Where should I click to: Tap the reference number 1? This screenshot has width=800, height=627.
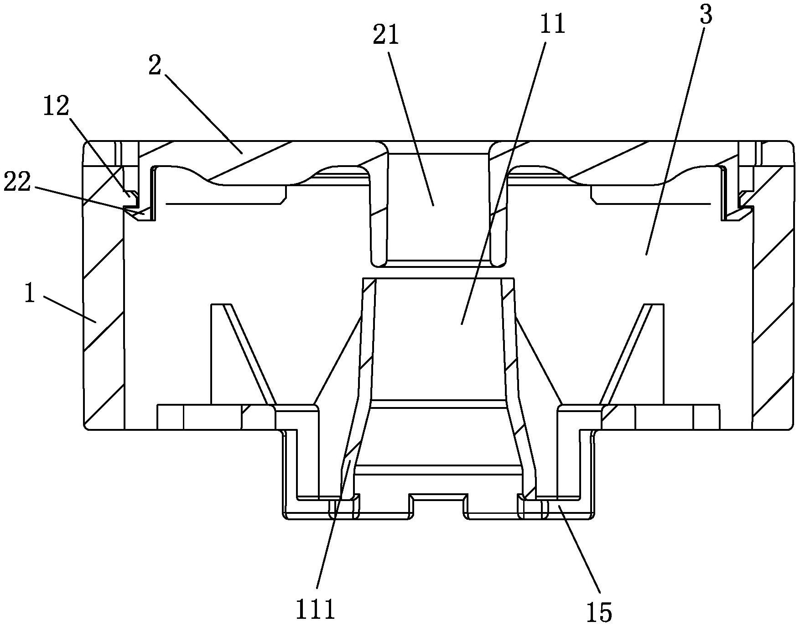click(x=29, y=294)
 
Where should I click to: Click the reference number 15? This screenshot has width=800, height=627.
click(x=599, y=611)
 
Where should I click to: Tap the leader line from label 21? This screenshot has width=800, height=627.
click(x=410, y=123)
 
